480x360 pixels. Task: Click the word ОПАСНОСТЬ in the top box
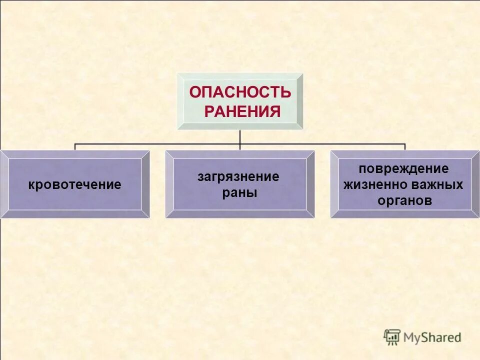[x=240, y=92]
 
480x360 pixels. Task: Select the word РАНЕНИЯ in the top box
[x=242, y=111]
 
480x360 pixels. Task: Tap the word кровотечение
[x=74, y=184]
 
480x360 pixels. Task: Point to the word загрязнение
[x=238, y=176]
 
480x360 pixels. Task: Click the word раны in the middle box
[x=239, y=193]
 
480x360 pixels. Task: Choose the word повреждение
[x=403, y=168]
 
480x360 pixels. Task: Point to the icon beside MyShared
[x=392, y=336]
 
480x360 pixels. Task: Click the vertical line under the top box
[x=240, y=137]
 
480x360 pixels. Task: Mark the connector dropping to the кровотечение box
[x=75, y=147]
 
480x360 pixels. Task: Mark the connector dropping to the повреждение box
[x=405, y=147]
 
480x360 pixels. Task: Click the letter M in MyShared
[x=409, y=337]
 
